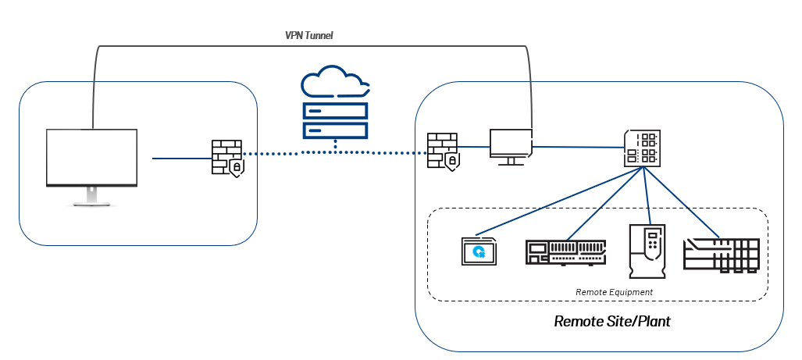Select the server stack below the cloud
334,119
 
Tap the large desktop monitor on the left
91,159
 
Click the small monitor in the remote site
510,144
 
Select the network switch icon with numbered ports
642,148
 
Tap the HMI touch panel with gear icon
479,252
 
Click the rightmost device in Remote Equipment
721,255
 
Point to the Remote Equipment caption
614,292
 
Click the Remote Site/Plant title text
612,321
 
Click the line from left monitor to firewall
181,159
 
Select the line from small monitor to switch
578,146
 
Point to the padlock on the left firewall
236,166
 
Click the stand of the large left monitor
91,195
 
